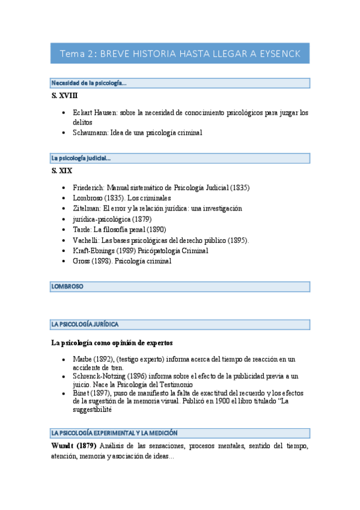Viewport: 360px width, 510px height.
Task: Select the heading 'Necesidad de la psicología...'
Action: coord(88,83)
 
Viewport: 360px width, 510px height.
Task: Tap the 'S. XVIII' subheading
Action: coord(64,96)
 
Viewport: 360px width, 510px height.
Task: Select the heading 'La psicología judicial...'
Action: coord(81,158)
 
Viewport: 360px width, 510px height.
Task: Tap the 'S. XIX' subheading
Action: coord(62,171)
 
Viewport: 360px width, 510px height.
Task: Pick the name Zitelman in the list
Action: coord(87,208)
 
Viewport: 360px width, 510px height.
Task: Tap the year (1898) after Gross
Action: coord(102,261)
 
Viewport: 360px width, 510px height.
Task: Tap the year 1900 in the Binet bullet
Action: coord(225,401)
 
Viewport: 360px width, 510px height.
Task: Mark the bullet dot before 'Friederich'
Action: coord(65,188)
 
